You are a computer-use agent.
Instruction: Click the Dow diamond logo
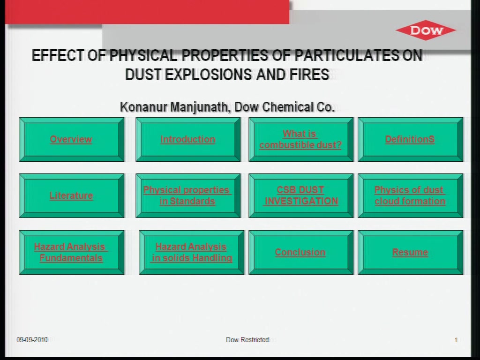[426, 30]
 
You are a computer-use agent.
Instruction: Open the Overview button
[72, 139]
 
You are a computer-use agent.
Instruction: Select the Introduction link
[187, 139]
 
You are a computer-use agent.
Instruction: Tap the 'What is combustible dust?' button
[301, 139]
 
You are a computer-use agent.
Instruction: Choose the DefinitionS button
[411, 139]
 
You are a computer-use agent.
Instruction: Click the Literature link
[71, 195]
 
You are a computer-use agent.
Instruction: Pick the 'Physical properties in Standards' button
[188, 195]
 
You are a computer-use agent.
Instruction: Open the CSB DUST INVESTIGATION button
[301, 195]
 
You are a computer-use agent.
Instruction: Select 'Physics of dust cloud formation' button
[411, 195]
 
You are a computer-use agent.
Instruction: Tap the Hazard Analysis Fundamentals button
[72, 252]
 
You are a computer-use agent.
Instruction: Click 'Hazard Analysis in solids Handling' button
[192, 252]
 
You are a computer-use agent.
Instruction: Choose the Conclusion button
[301, 252]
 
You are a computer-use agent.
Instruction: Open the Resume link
[410, 252]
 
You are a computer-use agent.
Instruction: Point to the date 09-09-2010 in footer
[32, 340]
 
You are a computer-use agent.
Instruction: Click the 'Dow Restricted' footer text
[247, 340]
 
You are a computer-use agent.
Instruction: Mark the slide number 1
[456, 340]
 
